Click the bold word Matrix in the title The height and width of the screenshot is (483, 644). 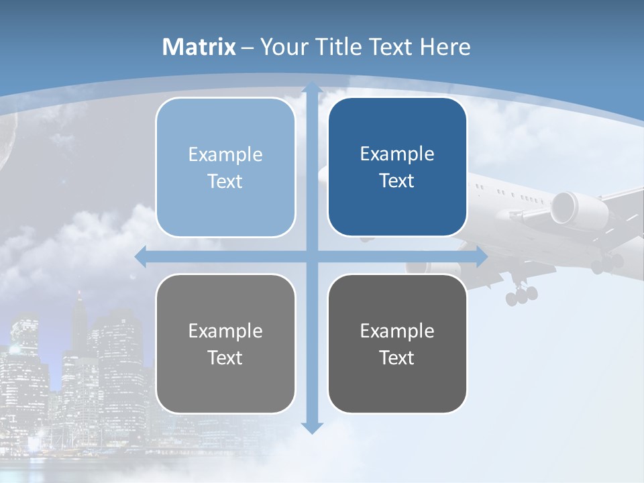[x=199, y=47]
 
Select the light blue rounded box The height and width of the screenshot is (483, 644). [x=225, y=168]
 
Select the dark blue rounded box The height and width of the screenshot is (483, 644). [x=397, y=167]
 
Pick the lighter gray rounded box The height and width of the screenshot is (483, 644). [x=225, y=344]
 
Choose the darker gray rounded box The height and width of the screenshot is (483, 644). [x=397, y=344]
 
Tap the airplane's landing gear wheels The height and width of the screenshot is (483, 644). [x=521, y=294]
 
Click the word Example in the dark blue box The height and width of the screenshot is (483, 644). [x=397, y=154]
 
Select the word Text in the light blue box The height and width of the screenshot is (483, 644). [x=225, y=182]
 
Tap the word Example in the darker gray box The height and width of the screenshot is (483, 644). [x=397, y=331]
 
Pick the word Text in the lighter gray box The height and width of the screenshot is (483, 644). [x=225, y=358]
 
